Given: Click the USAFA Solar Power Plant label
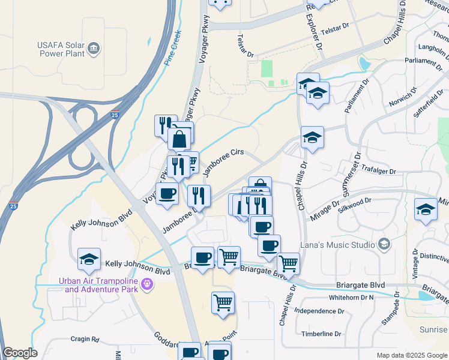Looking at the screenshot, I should [x=57, y=47].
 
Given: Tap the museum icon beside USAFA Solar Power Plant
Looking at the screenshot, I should [x=93, y=47].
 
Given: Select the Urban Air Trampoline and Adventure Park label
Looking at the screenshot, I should [x=98, y=284].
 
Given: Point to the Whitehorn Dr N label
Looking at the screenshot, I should [x=351, y=298].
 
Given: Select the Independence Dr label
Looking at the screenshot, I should [x=319, y=311].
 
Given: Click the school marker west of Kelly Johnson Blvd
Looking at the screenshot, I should [x=89, y=259].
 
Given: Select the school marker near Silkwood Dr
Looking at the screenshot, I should [x=426, y=209].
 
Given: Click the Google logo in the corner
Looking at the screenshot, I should [x=20, y=353].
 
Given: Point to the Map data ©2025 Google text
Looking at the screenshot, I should [x=411, y=355].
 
